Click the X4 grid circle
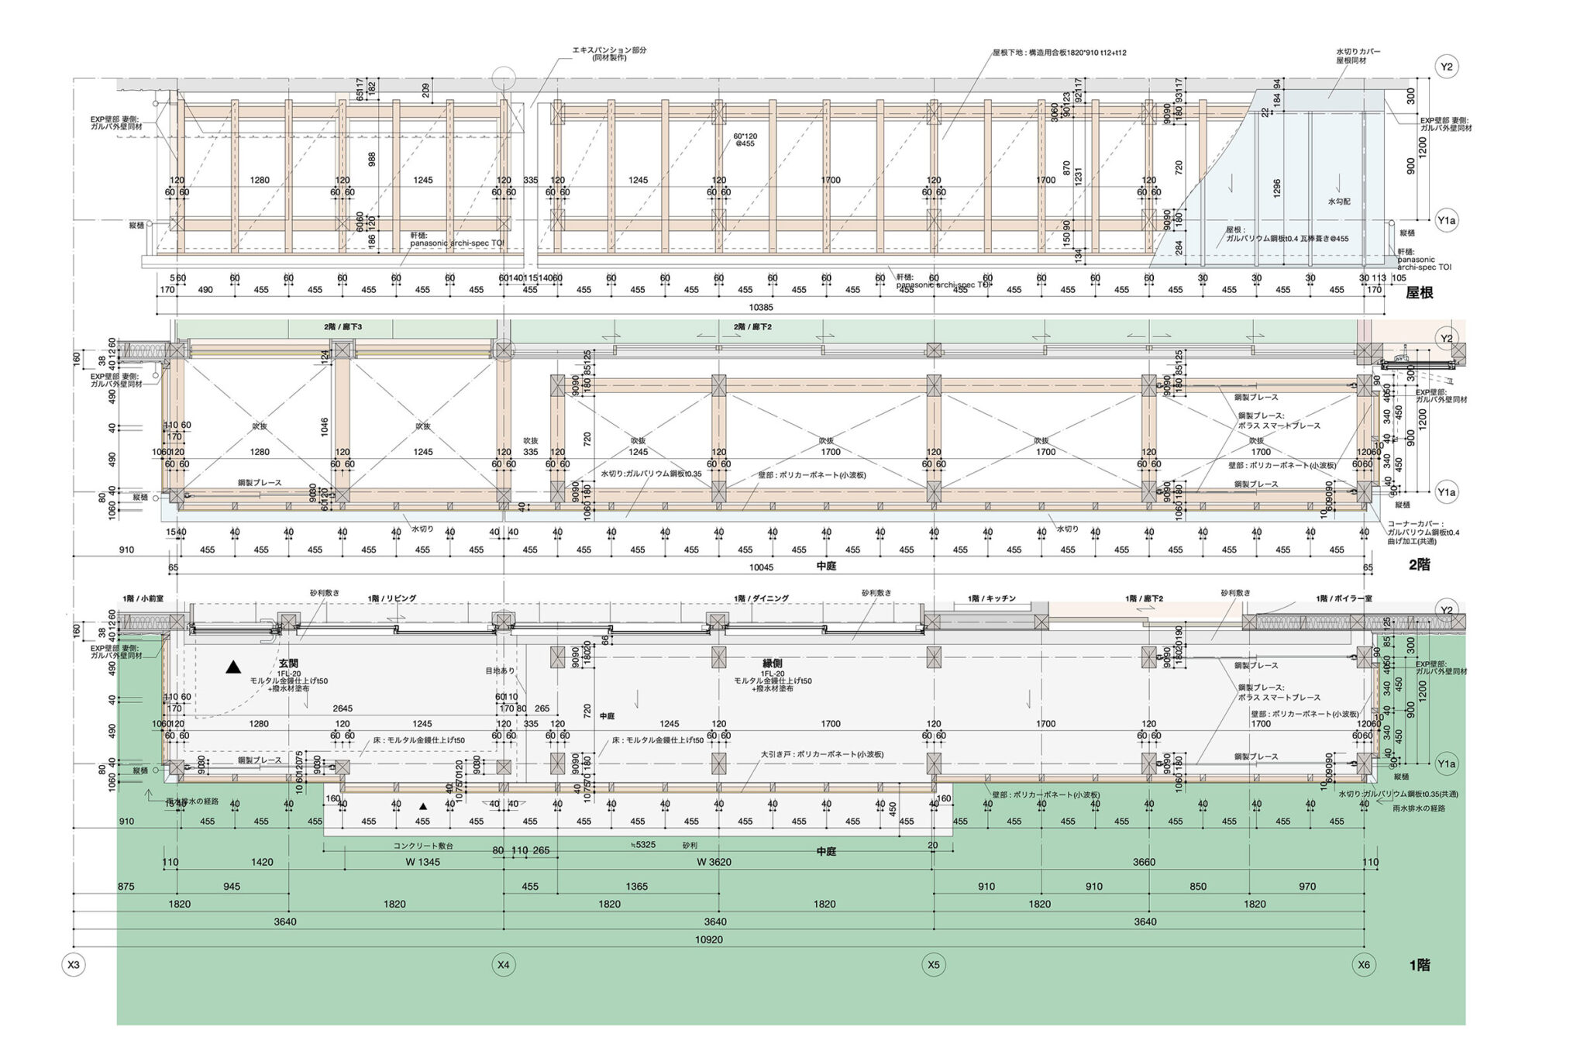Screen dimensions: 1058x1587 tap(504, 965)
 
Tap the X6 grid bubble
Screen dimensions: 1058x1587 tap(1364, 965)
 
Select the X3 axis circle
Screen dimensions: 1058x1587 tap(74, 965)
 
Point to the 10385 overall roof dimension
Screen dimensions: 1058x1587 tap(760, 308)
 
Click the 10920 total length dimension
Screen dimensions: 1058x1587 tap(710, 939)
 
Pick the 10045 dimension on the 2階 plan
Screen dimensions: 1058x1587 tap(760, 567)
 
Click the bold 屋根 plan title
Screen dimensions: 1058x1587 tap(1419, 294)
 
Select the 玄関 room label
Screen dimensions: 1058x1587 tap(289, 663)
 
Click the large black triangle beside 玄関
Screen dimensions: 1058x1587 tap(233, 667)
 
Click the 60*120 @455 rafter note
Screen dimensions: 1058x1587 tap(745, 140)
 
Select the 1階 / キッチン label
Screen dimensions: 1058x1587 tap(991, 598)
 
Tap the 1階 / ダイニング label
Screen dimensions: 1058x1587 tap(761, 598)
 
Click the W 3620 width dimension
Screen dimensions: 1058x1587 tap(714, 862)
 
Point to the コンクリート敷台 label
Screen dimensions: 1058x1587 tap(423, 846)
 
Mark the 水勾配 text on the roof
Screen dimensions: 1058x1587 tap(1338, 202)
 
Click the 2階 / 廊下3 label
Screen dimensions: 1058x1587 tap(343, 327)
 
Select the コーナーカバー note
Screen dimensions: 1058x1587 tap(1415, 524)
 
